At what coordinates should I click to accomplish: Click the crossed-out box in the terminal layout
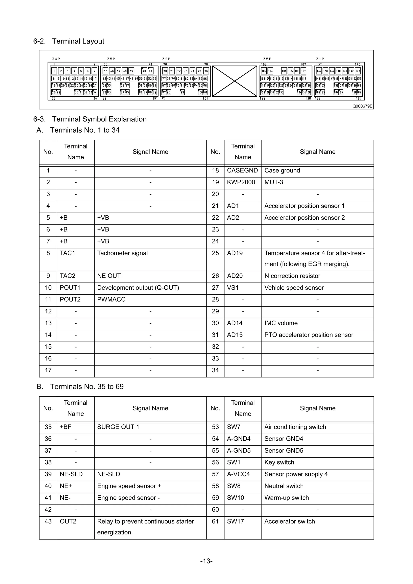[235, 81]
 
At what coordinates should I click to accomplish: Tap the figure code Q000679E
[362, 106]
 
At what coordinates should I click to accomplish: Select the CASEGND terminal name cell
[242, 170]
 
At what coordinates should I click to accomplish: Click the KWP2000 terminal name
[241, 182]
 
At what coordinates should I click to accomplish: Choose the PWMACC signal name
[111, 299]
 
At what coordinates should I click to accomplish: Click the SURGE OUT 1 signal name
[118, 427]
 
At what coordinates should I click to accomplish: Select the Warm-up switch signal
[287, 498]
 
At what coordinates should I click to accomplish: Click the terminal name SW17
[235, 521]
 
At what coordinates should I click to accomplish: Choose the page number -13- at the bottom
[206, 561]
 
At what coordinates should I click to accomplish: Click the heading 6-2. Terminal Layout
[69, 41]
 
